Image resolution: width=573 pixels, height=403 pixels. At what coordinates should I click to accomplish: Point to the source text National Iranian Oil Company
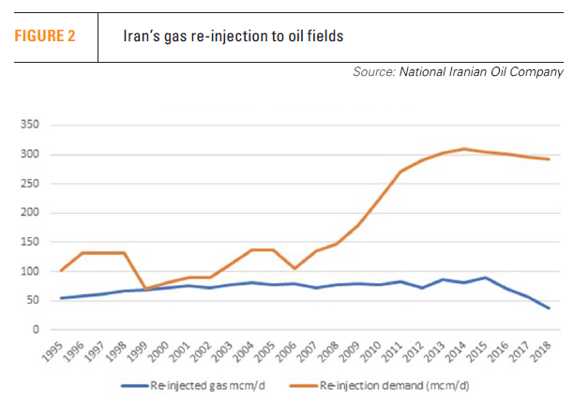coord(481,71)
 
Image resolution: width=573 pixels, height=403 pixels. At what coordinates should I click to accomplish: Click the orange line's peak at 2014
coord(463,148)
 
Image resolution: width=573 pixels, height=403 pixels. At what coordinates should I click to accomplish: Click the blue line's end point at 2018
coord(549,308)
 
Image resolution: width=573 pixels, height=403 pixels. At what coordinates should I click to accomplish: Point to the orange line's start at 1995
coord(61,271)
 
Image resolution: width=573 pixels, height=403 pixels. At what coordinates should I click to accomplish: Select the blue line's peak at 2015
coord(484,277)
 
